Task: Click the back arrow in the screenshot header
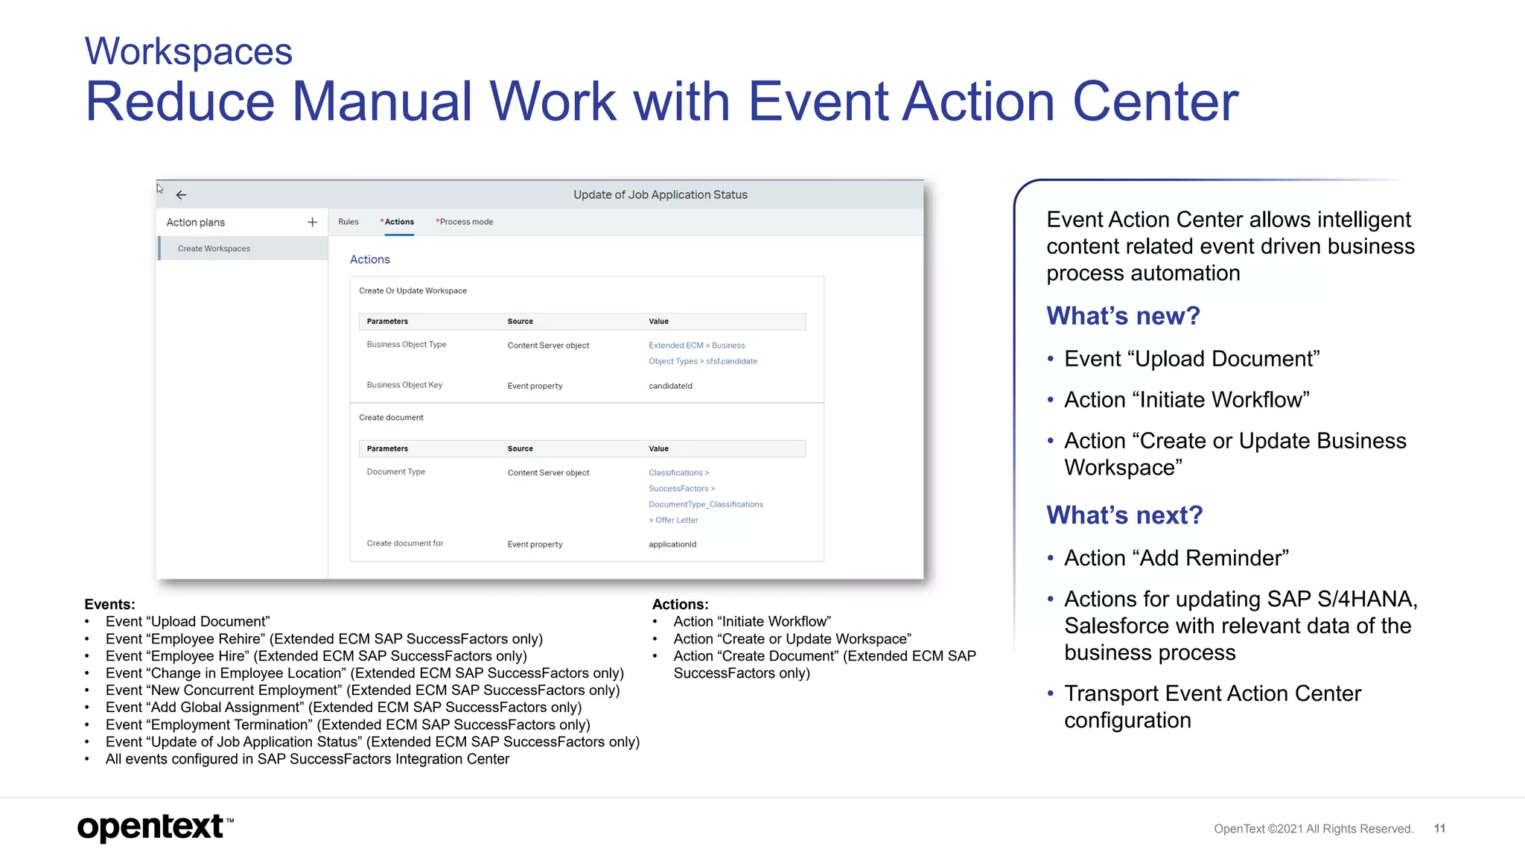pos(181,195)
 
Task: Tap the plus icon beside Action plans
pos(312,222)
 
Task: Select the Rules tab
pos(348,222)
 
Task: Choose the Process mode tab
pos(465,222)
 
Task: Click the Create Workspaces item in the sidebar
pos(214,249)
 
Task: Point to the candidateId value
pos(670,386)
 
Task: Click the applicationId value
pos(672,544)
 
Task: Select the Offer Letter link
pos(676,521)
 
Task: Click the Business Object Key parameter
pos(404,385)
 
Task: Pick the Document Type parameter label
pos(395,472)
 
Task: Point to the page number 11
pos(1439,829)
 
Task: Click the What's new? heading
pos(1123,316)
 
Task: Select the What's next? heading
pos(1124,515)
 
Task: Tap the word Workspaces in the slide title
pos(188,51)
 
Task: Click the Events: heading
pos(109,604)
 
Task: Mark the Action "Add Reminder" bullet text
pos(1176,558)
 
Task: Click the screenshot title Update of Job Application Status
pos(660,195)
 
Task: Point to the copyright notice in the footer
pos(1313,829)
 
